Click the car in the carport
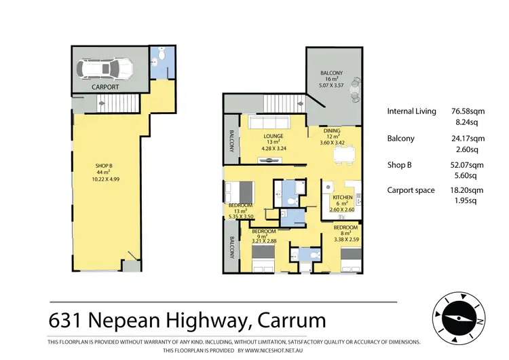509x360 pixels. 105,69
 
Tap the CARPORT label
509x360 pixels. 105,87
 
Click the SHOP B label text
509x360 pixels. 104,166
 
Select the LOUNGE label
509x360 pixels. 273,136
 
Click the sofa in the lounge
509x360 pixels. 269,122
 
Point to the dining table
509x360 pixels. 344,155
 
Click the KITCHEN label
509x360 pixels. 343,197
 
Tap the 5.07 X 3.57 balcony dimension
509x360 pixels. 331,85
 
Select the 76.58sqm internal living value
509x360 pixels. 468,111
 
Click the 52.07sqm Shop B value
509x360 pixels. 467,165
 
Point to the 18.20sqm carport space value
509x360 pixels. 466,190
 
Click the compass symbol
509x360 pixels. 459,318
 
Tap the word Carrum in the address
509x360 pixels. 292,321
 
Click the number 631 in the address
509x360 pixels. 64,321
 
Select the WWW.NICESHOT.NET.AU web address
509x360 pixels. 274,350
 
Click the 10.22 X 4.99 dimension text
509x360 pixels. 105,179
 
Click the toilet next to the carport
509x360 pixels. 162,53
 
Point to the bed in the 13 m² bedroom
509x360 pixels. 240,192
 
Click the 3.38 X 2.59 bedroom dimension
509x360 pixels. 346,240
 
